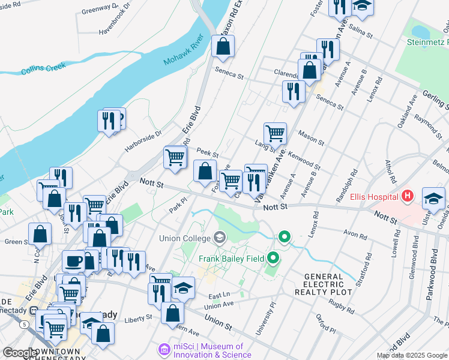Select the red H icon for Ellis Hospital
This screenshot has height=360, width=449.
pyautogui.click(x=408, y=196)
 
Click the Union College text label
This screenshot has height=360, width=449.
pyautogui.click(x=184, y=238)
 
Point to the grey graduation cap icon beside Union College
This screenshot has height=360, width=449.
pyautogui.click(x=219, y=238)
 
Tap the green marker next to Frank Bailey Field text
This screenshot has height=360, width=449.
pyautogui.click(x=274, y=259)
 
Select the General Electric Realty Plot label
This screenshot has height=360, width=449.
pyautogui.click(x=319, y=284)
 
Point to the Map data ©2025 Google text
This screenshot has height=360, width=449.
pyautogui.click(x=412, y=355)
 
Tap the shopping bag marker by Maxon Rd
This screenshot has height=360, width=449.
pyautogui.click(x=223, y=46)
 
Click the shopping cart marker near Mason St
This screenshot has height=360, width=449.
pyautogui.click(x=275, y=133)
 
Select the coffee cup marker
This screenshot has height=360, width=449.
pyautogui.click(x=74, y=261)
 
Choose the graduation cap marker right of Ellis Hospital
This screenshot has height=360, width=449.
pyautogui.click(x=433, y=198)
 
